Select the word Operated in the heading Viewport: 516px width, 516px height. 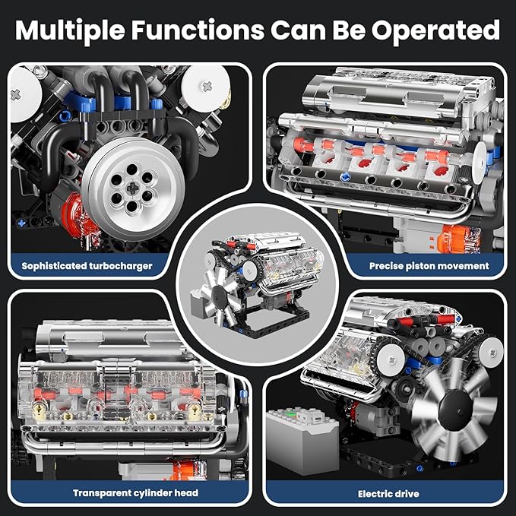pyautogui.click(x=442, y=30)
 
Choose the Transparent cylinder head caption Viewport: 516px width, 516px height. pyautogui.click(x=135, y=492)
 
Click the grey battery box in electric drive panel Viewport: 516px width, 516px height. pyautogui.click(x=302, y=440)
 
